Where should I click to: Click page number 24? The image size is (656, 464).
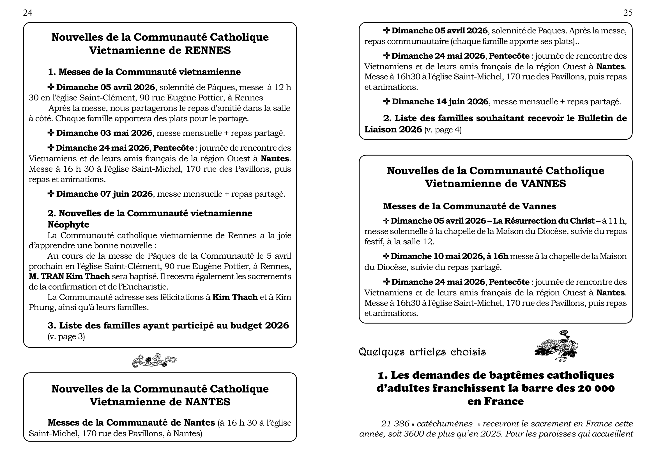pos(28,13)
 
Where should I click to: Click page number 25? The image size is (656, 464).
pos(628,13)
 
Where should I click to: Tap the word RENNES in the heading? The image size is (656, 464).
pos(208,50)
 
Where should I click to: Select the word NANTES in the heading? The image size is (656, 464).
pos(208,402)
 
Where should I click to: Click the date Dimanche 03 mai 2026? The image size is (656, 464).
pos(104,133)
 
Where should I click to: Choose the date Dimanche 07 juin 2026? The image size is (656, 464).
pos(104,194)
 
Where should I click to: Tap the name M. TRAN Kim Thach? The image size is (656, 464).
pos(70,277)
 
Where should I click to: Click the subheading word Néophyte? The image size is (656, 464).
pos(68,225)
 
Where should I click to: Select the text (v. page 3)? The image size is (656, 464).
pos(66,337)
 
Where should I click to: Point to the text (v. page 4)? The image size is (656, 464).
pos(443,130)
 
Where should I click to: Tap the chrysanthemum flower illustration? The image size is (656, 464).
pos(556,346)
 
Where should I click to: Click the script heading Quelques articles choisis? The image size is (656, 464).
pos(422,352)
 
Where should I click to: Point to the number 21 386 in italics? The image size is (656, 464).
pos(395,423)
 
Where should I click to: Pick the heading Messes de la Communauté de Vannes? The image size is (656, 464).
pos(469,206)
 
